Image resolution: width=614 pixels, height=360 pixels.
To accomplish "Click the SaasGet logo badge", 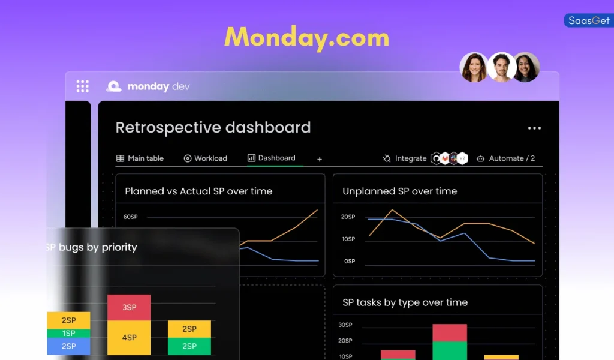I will coord(589,20).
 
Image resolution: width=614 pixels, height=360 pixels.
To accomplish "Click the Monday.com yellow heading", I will coord(306,37).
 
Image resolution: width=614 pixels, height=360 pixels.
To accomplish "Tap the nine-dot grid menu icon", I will coord(82,86).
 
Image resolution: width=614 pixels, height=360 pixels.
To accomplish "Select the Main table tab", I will coord(140,158).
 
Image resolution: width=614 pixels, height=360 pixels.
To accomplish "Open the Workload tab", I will coord(206,158).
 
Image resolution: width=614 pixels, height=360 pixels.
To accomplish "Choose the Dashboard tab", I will coord(272,158).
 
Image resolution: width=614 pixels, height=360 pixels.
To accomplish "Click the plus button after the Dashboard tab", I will coord(320,159).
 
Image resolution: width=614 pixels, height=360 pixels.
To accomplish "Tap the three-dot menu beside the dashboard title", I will coord(534,128).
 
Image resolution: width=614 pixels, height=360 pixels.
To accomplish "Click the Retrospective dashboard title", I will coord(213,128).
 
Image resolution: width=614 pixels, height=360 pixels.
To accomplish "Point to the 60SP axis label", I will coord(131,217).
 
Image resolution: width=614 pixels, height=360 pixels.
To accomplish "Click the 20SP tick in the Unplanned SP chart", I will coord(348,217).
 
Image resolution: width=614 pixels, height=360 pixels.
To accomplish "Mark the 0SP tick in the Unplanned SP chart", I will coord(350,261).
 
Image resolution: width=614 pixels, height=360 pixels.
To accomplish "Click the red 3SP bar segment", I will coord(129,307).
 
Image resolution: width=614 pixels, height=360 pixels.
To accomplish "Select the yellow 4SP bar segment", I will coord(129,337).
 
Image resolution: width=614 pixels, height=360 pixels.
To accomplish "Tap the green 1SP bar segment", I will coord(68,333).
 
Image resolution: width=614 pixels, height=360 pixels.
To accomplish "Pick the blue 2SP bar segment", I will coord(68,346).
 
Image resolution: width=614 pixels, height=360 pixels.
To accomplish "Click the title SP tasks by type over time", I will coord(405,302).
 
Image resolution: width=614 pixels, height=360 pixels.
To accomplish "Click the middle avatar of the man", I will coord(501,67).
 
